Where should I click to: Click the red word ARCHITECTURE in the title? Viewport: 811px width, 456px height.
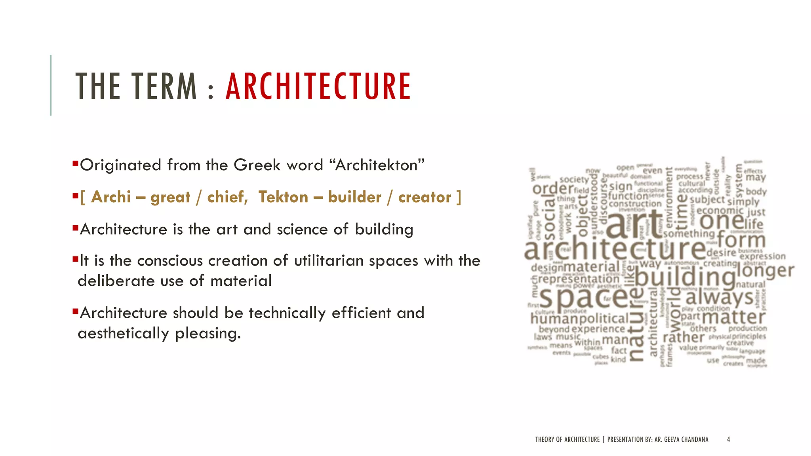click(x=318, y=86)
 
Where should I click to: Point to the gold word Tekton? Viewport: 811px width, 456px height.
click(x=283, y=197)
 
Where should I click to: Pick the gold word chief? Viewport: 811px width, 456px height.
click(x=227, y=197)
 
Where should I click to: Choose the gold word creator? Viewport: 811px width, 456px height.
click(x=425, y=197)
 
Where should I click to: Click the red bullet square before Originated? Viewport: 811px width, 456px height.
click(x=75, y=163)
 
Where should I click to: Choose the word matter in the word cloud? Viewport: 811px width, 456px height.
click(x=733, y=317)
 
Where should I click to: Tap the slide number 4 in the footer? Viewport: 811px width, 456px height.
click(x=728, y=439)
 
